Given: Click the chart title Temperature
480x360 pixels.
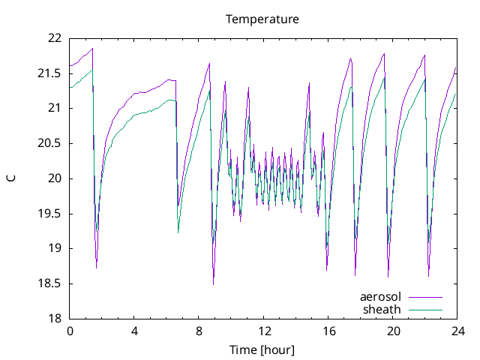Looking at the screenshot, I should (x=262, y=19).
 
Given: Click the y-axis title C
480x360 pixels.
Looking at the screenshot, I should (x=11, y=178).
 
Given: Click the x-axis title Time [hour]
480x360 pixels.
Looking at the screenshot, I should (x=262, y=350).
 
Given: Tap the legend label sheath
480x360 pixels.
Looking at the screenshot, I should (x=382, y=309).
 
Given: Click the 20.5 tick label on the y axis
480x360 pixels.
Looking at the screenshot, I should (x=49, y=143).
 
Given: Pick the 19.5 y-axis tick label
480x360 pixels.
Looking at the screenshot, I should (x=49, y=214).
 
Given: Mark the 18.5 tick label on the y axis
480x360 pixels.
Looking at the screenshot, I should (x=49, y=283).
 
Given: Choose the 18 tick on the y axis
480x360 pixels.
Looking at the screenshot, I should (x=54, y=319).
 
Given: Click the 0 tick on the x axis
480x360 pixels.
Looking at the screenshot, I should (x=70, y=331).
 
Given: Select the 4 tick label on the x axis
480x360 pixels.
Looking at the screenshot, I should (x=134, y=331).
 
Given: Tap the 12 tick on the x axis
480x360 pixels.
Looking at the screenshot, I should (x=264, y=331).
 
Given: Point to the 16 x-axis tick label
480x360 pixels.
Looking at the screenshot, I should (x=328, y=331).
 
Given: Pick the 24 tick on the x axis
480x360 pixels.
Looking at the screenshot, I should (x=457, y=331).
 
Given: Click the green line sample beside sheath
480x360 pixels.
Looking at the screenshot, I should (x=424, y=310).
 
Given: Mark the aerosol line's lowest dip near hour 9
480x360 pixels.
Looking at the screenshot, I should (x=213, y=283).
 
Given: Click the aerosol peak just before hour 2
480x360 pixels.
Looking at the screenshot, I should (x=92, y=49).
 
